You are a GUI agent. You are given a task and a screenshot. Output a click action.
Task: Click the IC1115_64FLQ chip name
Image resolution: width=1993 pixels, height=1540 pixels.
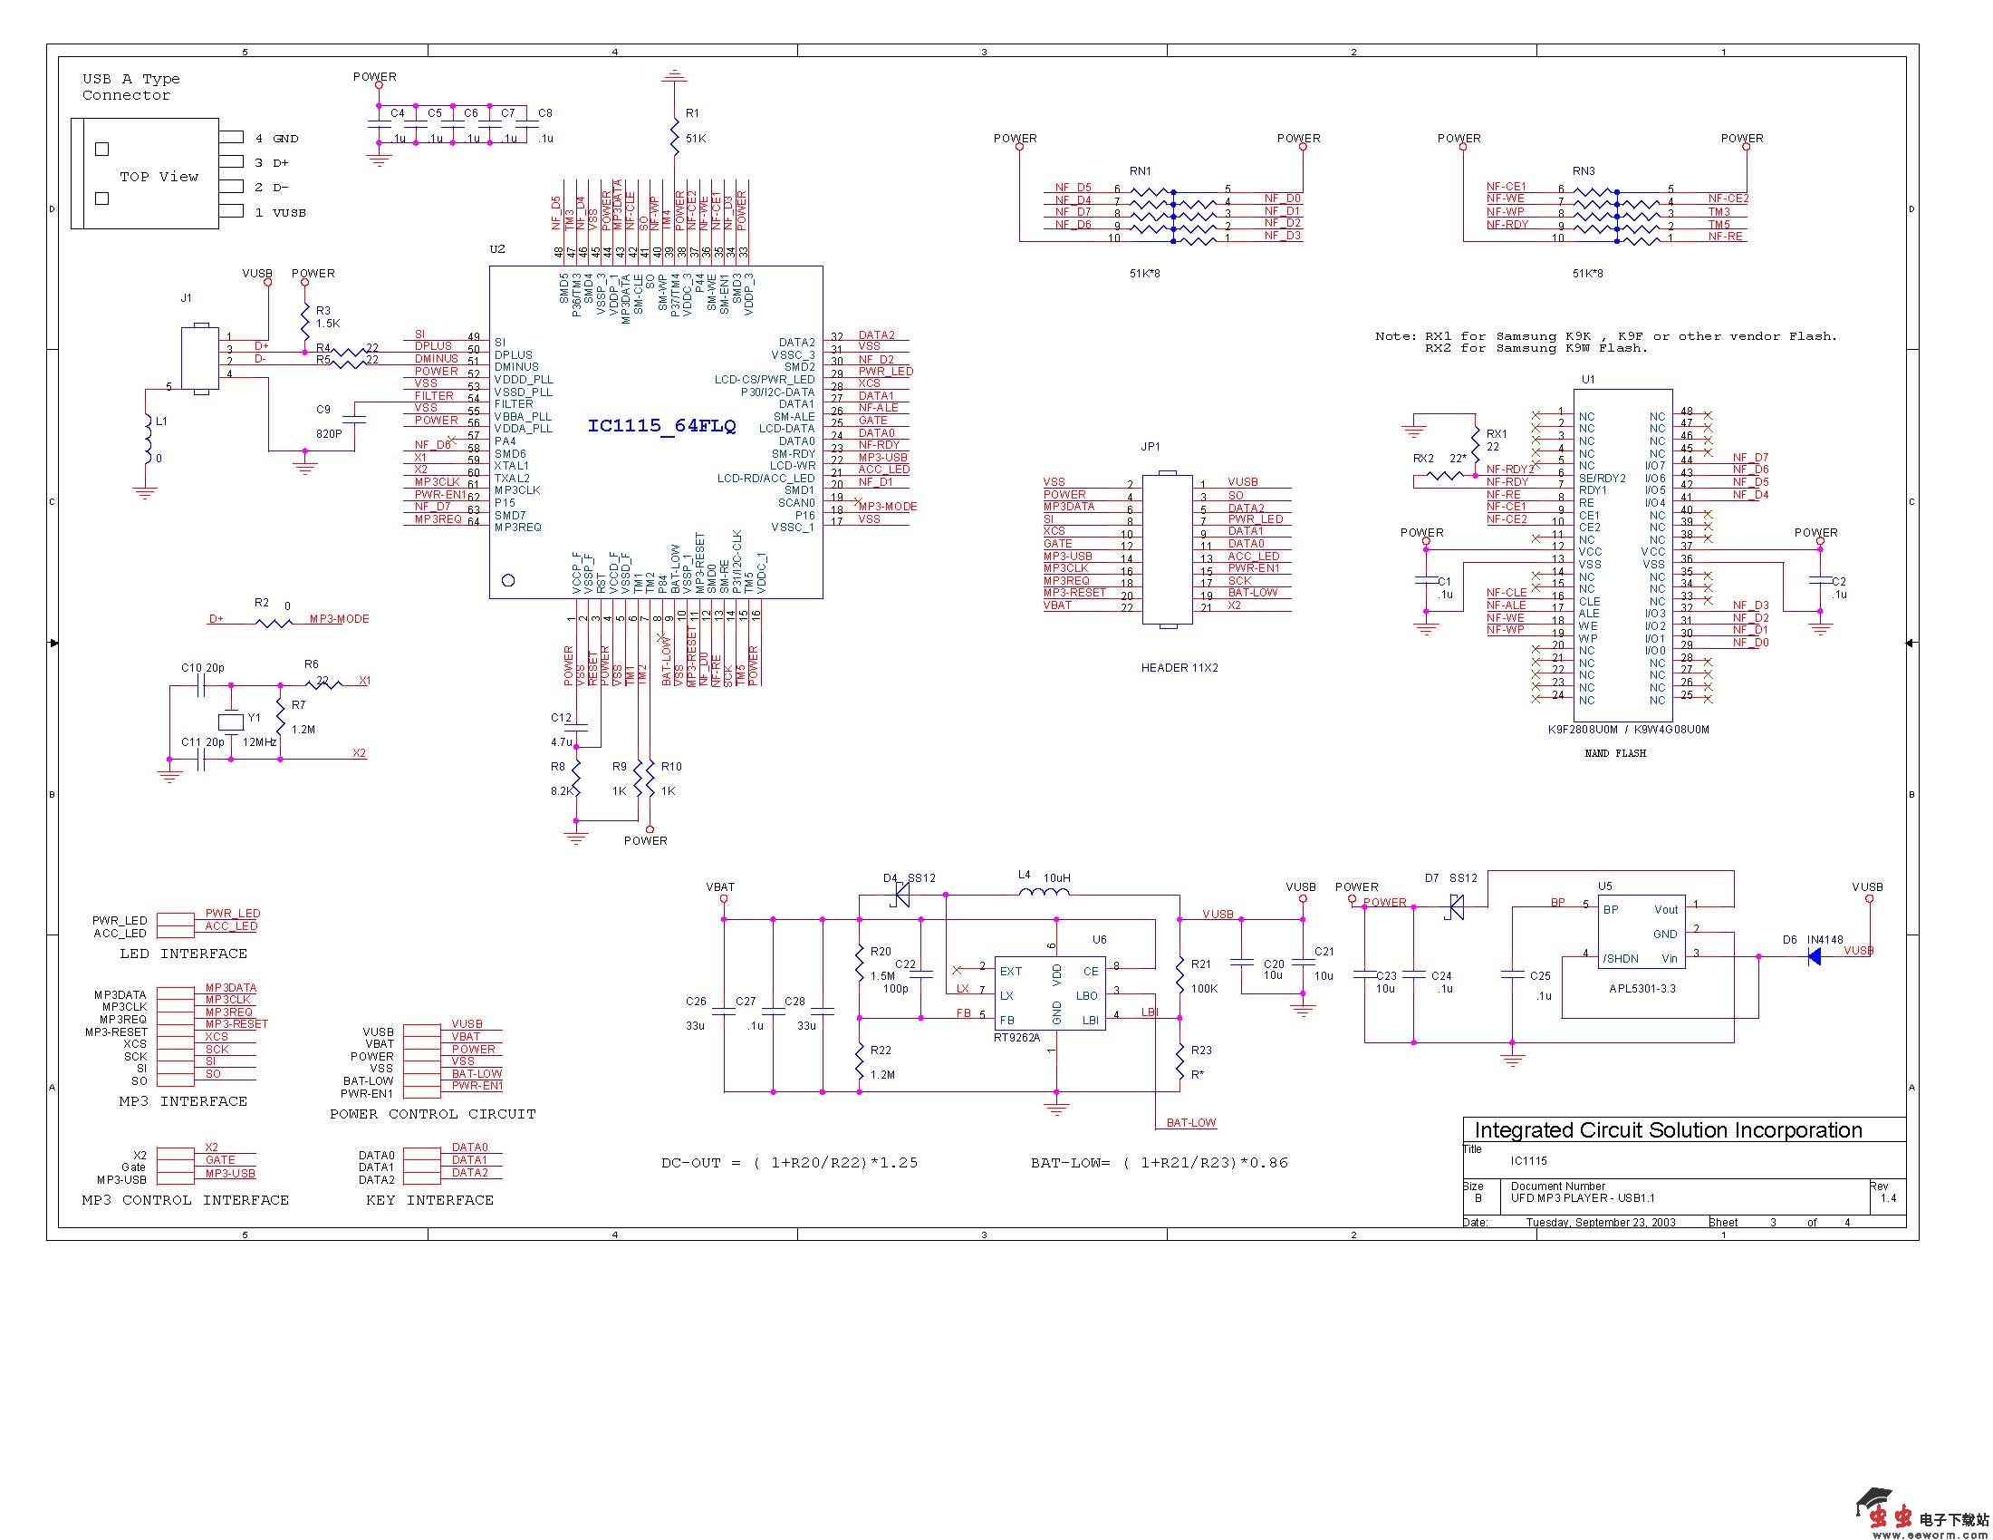point(661,426)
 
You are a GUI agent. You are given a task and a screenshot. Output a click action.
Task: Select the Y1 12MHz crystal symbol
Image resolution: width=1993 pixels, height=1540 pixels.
point(232,722)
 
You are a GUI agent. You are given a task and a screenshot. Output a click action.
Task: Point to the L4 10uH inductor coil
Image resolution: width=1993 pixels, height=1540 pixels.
point(1043,891)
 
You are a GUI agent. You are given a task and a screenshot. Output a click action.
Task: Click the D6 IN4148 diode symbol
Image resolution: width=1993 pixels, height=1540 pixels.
point(1815,955)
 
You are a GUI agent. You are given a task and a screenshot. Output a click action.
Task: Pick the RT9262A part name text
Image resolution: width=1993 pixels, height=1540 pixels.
point(1016,1037)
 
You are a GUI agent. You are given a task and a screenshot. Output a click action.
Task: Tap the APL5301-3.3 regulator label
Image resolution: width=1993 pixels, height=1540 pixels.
point(1642,989)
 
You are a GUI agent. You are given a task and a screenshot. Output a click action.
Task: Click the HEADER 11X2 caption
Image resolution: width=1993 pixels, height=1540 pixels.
point(1179,667)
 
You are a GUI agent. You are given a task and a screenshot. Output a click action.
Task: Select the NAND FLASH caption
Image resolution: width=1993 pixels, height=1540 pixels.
point(1615,753)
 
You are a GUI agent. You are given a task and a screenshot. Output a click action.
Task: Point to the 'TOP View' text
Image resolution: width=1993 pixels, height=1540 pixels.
point(159,177)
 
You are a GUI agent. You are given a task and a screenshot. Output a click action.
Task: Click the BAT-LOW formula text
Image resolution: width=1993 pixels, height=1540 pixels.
point(1159,1163)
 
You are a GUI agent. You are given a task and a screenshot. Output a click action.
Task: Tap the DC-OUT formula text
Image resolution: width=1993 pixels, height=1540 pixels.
point(789,1163)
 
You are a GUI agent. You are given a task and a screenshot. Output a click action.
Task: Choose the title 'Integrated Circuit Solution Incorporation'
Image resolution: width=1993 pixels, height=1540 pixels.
point(1668,1130)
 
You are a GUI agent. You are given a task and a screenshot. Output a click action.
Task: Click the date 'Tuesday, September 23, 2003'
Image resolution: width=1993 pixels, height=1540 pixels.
point(1601,1223)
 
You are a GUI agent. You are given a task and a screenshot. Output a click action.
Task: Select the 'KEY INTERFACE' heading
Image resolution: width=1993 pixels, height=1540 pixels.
point(428,1200)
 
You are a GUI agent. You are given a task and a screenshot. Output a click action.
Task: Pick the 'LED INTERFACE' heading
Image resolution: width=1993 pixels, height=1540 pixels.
point(183,954)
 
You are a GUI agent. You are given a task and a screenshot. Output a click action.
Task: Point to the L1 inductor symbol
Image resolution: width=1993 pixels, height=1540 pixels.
point(146,440)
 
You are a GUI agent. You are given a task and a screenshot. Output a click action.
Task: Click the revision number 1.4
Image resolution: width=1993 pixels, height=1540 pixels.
point(1888,1198)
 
